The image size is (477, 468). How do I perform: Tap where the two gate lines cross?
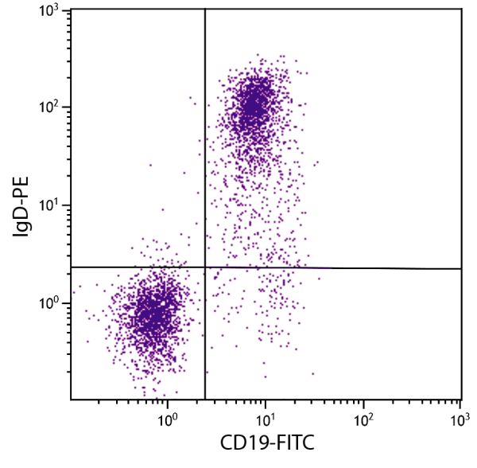[x=205, y=267]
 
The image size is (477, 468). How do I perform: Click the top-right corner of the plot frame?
[x=462, y=10]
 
